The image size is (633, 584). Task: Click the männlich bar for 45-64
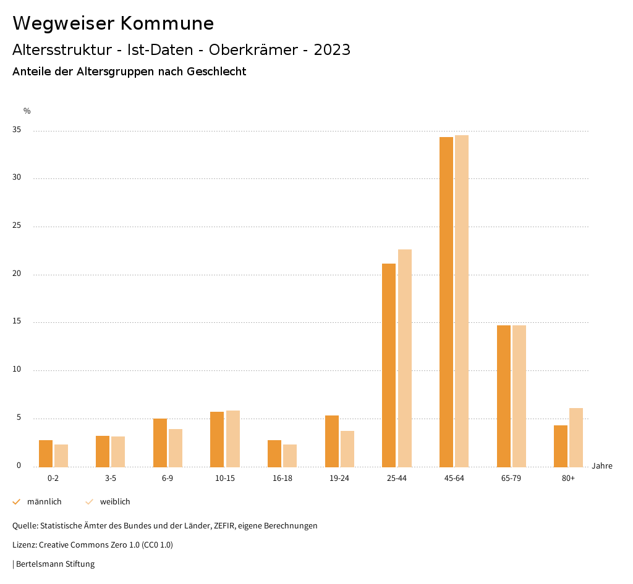tap(446, 302)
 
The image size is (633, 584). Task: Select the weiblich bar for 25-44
tap(405, 358)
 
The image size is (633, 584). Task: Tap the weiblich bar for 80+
tap(576, 437)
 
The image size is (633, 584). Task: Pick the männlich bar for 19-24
tap(332, 441)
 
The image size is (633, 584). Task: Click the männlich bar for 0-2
tap(46, 453)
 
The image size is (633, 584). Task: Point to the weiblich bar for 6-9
tap(176, 448)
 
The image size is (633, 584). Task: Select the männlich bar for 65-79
tap(504, 396)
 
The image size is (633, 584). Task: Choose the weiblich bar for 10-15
tap(233, 438)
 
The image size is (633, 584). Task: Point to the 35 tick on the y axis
tap(17, 130)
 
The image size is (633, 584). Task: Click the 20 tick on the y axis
tap(17, 274)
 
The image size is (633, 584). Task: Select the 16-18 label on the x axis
tap(283, 478)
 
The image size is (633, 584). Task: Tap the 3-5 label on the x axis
tap(111, 478)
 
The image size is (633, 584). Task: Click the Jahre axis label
tap(601, 466)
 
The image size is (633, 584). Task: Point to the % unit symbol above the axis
tap(27, 111)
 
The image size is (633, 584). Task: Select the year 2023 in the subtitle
tap(332, 50)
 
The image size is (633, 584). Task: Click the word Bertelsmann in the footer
tap(40, 564)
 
